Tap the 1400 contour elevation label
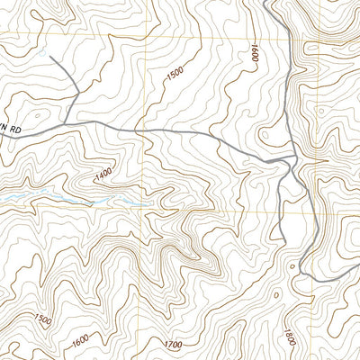[103, 171]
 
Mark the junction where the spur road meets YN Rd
[67, 123]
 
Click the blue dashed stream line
[54, 197]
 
